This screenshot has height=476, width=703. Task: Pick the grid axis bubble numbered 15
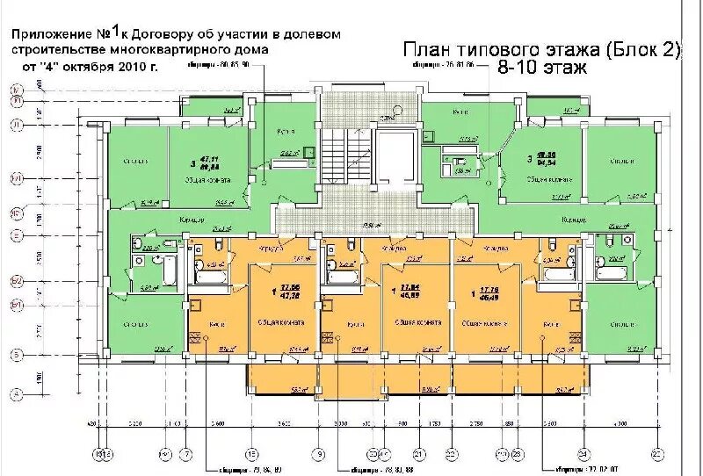[251, 454]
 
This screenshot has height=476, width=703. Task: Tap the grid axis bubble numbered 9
[320, 454]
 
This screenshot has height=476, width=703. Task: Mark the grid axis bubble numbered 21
[419, 454]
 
